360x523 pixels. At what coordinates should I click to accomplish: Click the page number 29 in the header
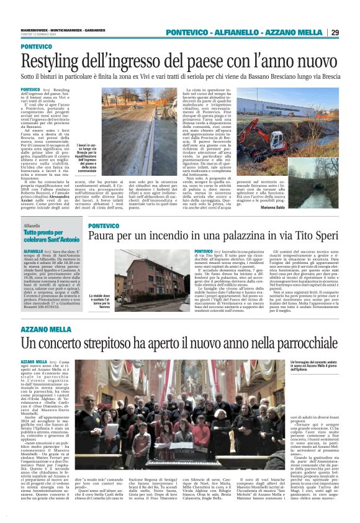click(335, 32)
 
